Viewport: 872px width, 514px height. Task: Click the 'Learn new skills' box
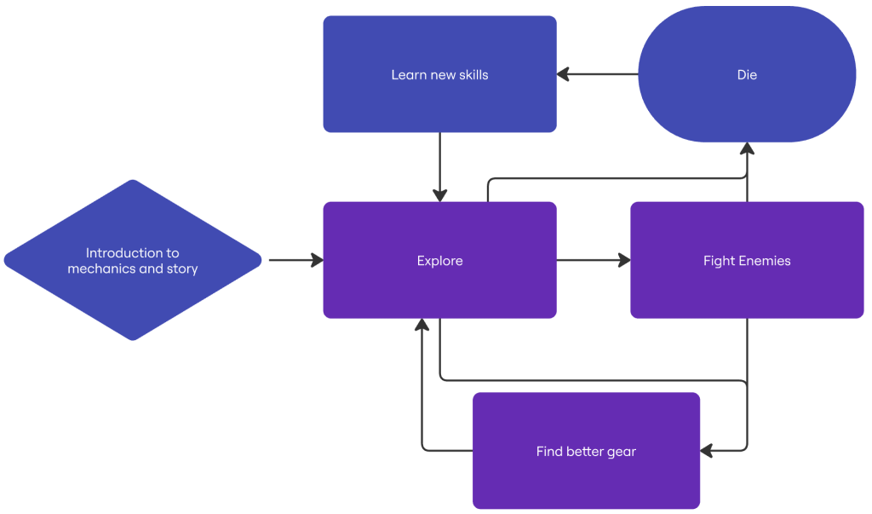(439, 74)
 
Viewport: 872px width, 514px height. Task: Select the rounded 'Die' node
(747, 74)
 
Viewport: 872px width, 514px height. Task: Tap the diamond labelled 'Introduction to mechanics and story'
(132, 260)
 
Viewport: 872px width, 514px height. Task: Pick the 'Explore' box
(439, 260)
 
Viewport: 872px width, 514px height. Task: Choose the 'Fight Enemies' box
(747, 260)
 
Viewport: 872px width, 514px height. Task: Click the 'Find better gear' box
(586, 451)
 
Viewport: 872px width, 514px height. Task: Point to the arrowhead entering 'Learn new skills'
(563, 74)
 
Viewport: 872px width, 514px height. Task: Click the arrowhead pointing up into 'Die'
(747, 148)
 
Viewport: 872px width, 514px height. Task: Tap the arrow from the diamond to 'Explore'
(295, 260)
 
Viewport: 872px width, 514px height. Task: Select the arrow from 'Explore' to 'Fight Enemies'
(594, 260)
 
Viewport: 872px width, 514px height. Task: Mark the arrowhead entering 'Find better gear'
(706, 451)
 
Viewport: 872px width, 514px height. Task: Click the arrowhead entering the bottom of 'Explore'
(422, 325)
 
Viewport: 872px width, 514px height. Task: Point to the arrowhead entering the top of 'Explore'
(440, 195)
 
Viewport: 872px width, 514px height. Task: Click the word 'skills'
(473, 75)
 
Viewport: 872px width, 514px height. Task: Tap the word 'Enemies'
(766, 261)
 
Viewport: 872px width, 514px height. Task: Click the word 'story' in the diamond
(182, 269)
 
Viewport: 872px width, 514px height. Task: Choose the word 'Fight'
(720, 261)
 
